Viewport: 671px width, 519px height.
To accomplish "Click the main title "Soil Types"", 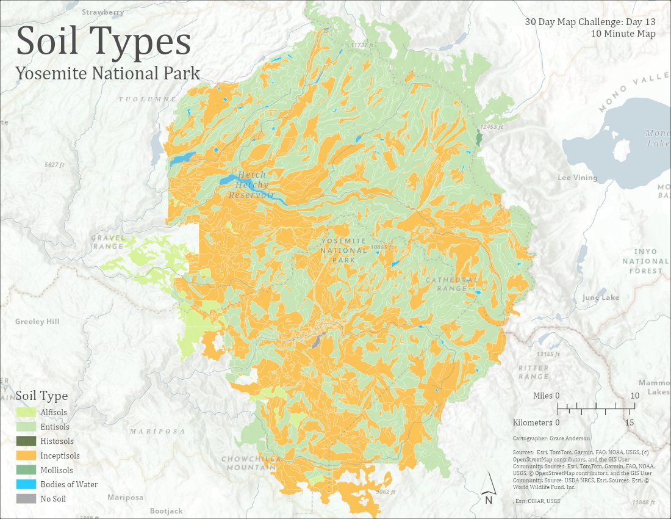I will tap(103, 42).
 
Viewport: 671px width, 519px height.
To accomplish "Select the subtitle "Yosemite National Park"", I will tap(108, 73).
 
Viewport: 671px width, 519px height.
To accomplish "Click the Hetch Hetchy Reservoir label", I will tap(251, 185).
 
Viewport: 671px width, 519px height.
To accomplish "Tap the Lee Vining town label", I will tap(577, 178).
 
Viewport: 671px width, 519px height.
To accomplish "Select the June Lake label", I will tap(600, 297).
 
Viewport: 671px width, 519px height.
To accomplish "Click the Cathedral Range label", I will tap(451, 284).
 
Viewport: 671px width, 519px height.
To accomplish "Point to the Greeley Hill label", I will tap(38, 321).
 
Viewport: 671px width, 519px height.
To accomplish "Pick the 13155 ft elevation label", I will tap(547, 354).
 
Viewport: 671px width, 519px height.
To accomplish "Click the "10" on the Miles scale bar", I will tap(634, 396).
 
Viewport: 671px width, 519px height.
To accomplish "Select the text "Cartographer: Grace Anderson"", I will tap(551, 438).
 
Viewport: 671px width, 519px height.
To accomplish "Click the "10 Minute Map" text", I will tap(623, 34).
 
